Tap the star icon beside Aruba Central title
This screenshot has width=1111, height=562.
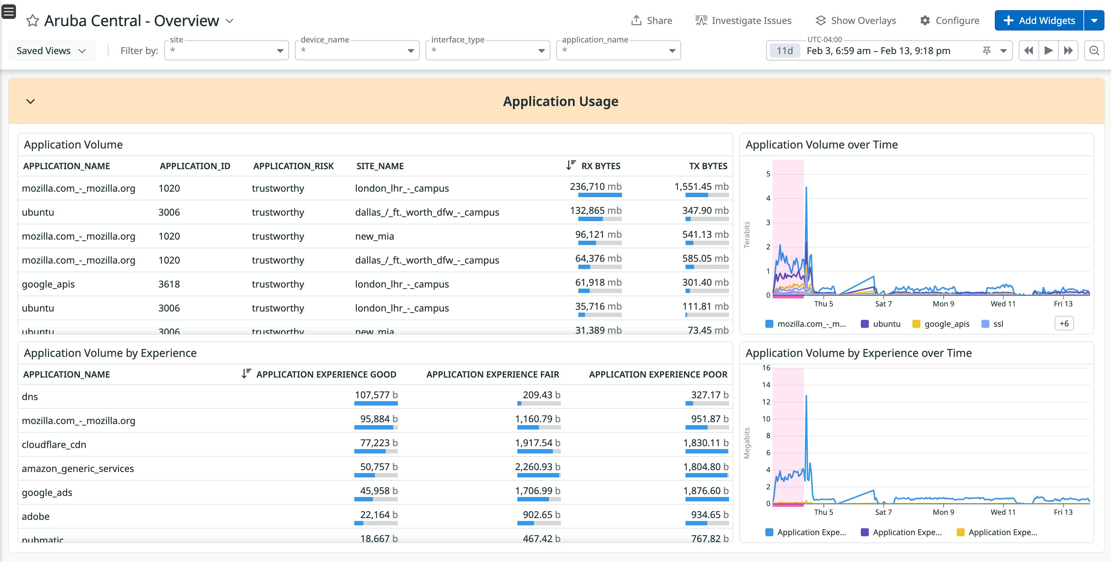(32, 21)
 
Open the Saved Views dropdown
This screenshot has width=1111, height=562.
(51, 51)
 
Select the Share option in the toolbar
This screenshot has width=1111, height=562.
(651, 20)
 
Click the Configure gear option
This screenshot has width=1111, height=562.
(949, 20)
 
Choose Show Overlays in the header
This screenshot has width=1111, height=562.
(856, 20)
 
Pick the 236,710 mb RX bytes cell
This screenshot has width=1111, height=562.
(595, 187)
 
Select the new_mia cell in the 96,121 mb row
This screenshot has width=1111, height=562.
(374, 236)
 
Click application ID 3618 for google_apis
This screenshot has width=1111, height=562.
(169, 284)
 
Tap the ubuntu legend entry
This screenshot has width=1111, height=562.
(886, 324)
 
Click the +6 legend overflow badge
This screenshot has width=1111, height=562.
(1063, 323)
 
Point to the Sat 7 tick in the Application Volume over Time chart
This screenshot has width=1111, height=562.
(883, 304)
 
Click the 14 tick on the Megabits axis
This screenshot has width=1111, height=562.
(766, 385)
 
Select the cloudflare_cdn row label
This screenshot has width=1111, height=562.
(54, 445)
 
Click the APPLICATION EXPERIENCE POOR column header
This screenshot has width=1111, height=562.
(658, 374)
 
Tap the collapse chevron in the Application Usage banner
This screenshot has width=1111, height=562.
(30, 101)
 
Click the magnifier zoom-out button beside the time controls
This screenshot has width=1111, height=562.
(1094, 51)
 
